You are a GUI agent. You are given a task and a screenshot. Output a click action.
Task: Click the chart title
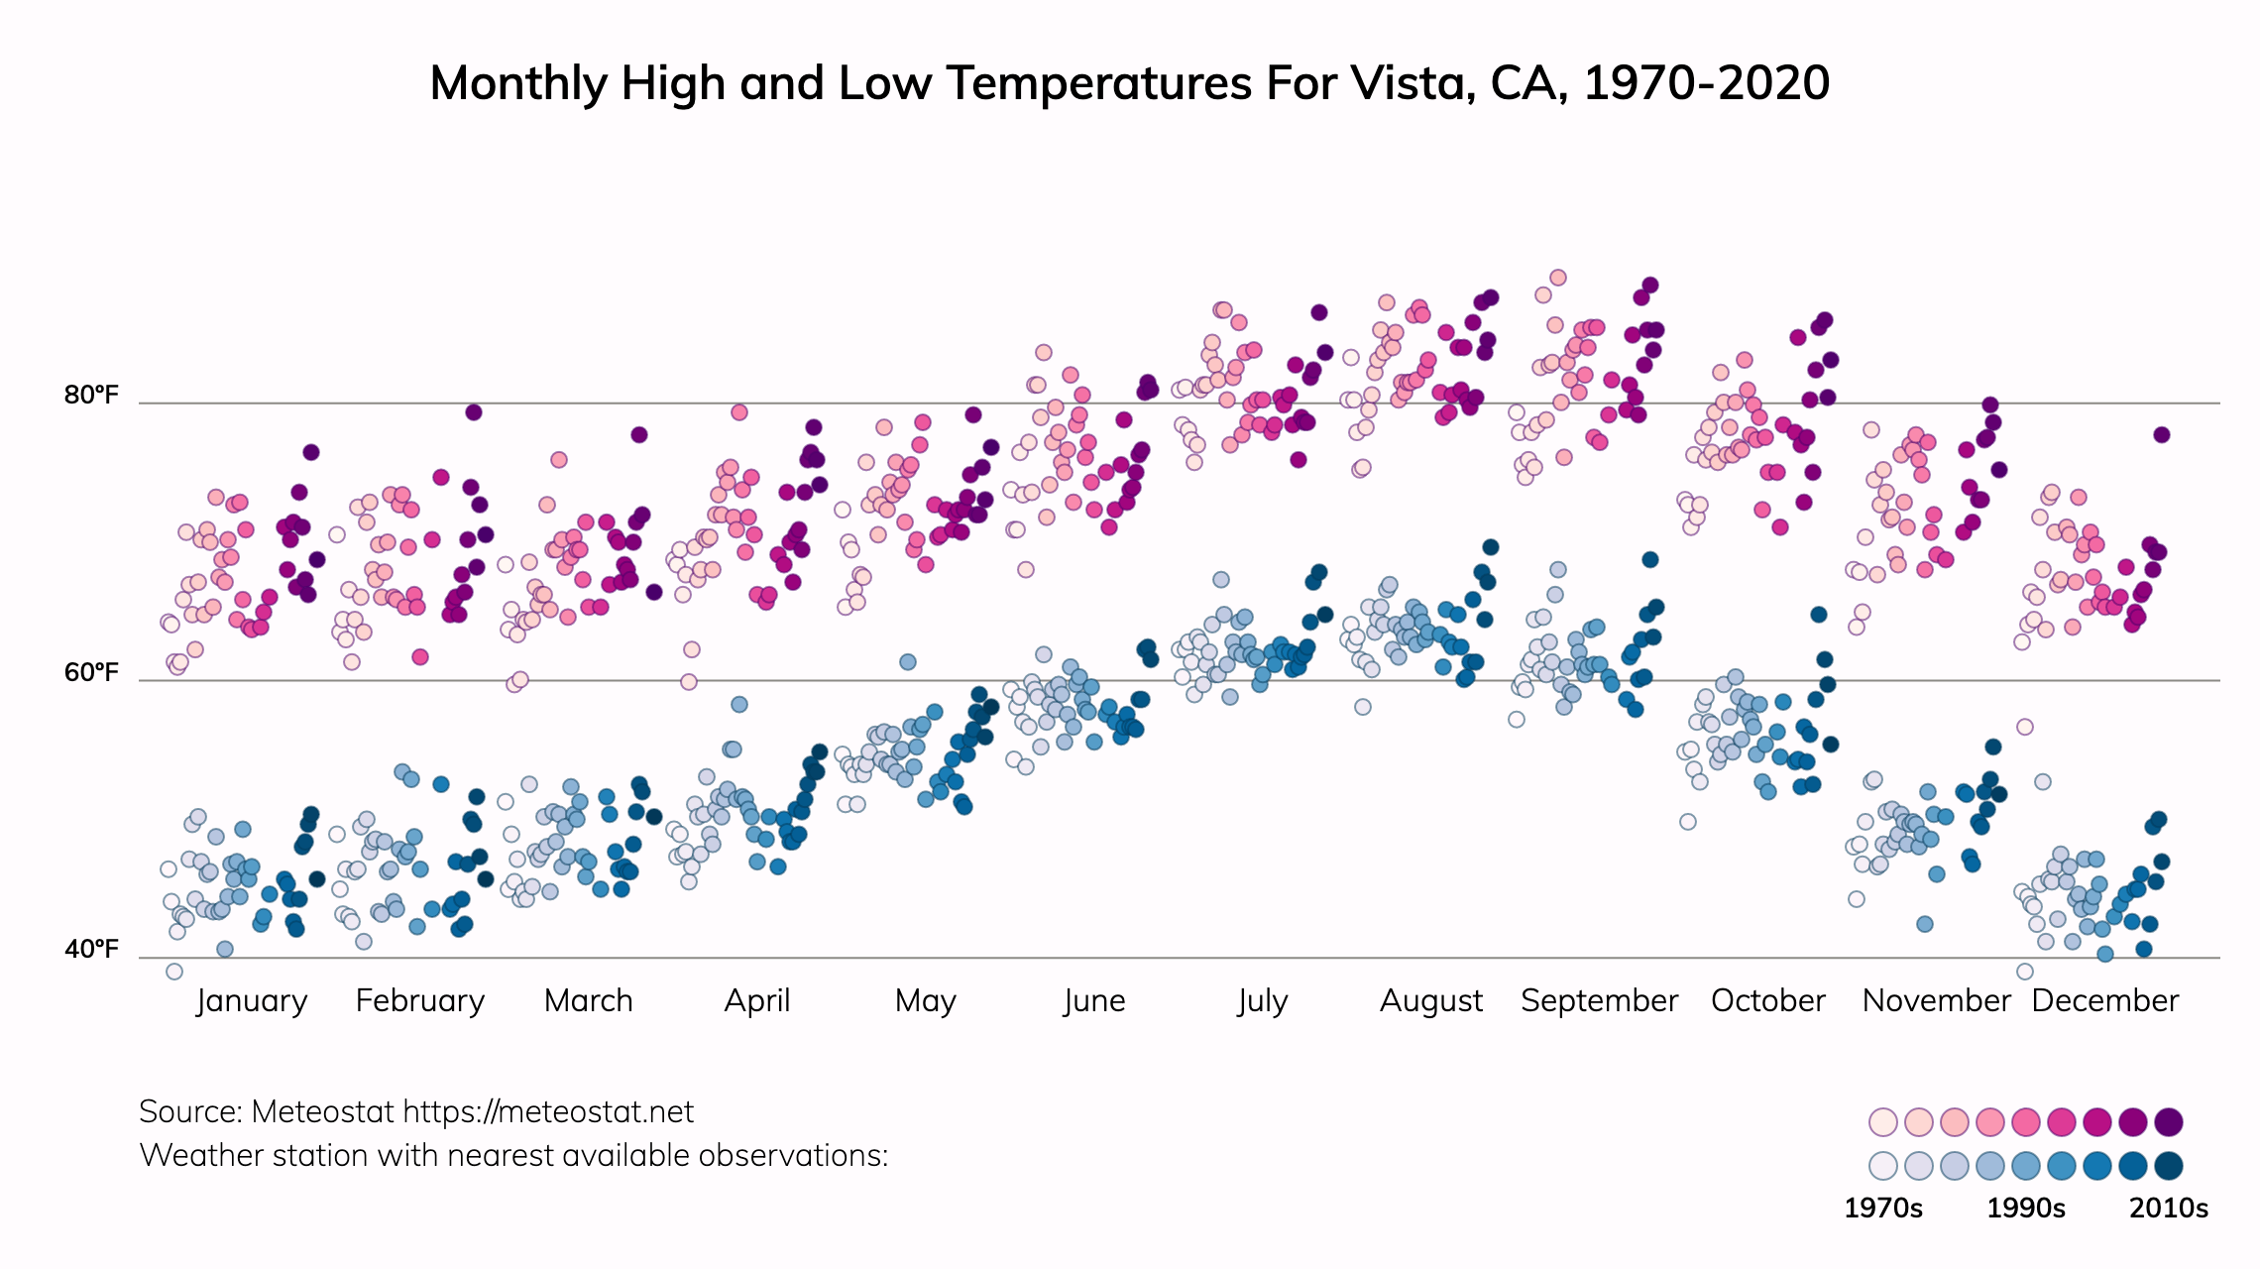click(1129, 83)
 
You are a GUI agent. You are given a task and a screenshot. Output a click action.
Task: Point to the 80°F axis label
click(91, 396)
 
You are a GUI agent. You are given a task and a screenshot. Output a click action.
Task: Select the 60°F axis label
click(91, 673)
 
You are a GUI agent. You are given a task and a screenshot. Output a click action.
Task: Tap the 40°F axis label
click(91, 950)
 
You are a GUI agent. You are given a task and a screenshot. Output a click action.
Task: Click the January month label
click(252, 1001)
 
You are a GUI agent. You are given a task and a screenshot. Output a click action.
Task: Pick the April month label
click(757, 1001)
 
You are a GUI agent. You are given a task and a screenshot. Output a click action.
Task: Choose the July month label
click(1262, 1001)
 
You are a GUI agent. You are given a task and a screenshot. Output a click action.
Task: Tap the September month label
click(1599, 1001)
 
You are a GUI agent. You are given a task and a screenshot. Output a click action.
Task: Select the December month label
click(2104, 1001)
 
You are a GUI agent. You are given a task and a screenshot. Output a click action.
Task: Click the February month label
click(420, 1001)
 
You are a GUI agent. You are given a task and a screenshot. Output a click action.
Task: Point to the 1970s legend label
click(1882, 1209)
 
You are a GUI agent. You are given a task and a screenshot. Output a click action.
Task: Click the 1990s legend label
click(2026, 1209)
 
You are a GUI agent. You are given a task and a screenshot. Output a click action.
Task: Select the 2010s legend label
click(2169, 1209)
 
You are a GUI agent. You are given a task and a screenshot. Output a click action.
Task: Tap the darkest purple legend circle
click(2169, 1122)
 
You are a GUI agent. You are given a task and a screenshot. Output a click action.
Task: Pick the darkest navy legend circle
click(2169, 1166)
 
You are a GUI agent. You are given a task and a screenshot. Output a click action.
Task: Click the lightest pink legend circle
click(1883, 1122)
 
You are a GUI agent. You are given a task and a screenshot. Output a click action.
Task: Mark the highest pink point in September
click(1558, 278)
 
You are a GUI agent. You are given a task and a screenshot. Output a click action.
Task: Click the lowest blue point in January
click(174, 972)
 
